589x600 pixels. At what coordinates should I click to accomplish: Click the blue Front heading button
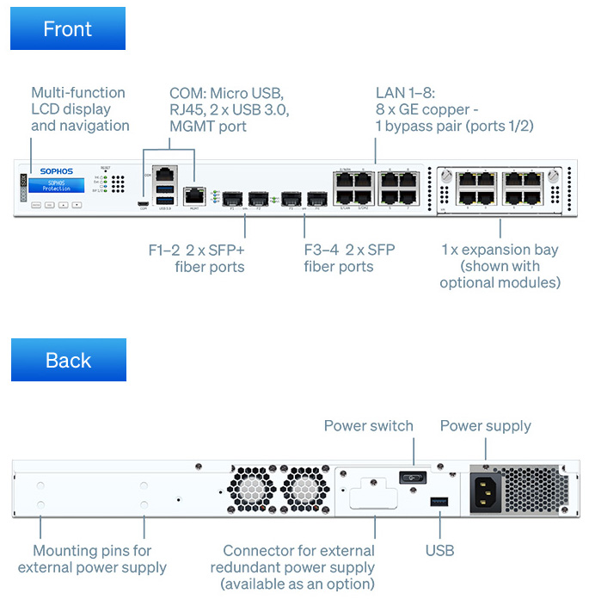tap(68, 28)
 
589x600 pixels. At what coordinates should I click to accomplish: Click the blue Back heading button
tap(68, 360)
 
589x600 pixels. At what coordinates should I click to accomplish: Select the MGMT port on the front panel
tap(193, 195)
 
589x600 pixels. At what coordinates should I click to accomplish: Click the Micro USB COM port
tap(144, 203)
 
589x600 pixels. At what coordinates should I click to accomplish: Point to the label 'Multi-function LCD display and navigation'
tap(79, 108)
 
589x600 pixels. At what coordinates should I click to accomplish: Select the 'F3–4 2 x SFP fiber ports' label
tap(350, 258)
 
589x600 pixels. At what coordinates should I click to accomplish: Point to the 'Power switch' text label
tap(368, 426)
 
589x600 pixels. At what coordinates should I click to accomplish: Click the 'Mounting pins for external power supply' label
tap(92, 559)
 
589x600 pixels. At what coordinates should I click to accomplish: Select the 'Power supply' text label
tap(485, 426)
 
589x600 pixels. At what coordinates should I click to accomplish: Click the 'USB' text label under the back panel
tap(439, 550)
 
